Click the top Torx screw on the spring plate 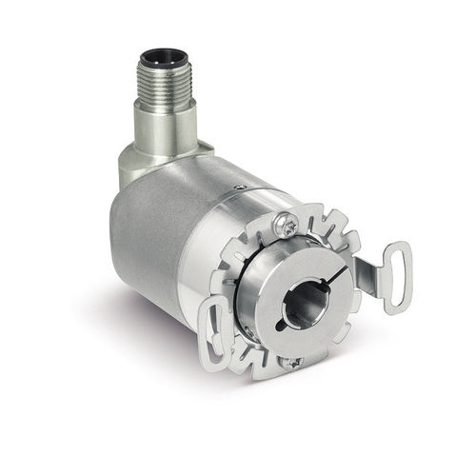coord(286,225)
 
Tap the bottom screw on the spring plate coord(296,361)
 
